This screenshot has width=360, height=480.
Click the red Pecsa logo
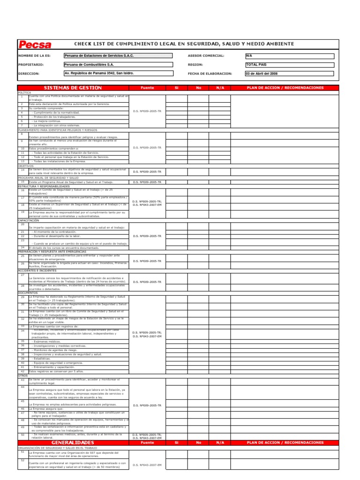(35, 45)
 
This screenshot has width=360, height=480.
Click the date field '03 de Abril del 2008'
(289, 74)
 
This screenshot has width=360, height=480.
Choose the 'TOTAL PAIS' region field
(289, 65)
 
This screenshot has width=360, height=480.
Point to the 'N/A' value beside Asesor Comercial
(289, 56)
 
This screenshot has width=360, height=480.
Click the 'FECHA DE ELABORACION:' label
(210, 74)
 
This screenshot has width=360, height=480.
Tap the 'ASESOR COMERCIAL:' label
(206, 56)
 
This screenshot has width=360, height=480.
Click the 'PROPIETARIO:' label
(31, 65)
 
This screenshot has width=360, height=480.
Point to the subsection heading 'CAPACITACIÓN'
(29, 220)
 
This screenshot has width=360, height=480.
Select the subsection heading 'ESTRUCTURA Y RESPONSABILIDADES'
(43, 186)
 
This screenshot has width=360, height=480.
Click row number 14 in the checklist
(22, 170)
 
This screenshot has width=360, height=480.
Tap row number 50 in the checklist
(22, 435)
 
